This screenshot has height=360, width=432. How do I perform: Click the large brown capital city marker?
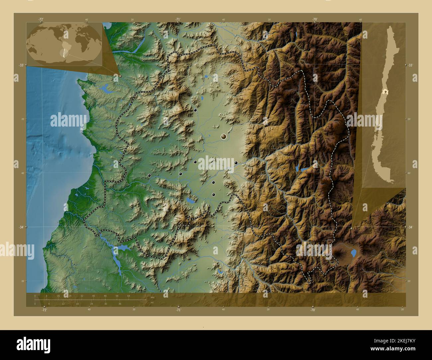click(224, 136)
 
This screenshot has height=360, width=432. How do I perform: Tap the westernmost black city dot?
click(150, 175)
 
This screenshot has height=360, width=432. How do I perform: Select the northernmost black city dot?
click(195, 110)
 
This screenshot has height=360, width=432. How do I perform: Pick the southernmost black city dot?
click(213, 195)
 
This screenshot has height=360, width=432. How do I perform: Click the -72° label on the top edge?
click(41, 19)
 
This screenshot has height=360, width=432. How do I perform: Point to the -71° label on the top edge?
click(178, 19)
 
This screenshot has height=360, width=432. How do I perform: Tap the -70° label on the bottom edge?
click(313, 310)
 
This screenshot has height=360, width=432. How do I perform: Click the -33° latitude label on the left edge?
click(21, 65)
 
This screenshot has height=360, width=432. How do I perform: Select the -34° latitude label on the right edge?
click(411, 227)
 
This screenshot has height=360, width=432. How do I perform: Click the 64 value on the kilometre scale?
click(129, 296)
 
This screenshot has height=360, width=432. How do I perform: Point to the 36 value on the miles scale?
click(120, 304)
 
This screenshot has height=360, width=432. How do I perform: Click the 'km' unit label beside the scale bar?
click(152, 298)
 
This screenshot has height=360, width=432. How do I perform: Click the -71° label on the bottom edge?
click(178, 310)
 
